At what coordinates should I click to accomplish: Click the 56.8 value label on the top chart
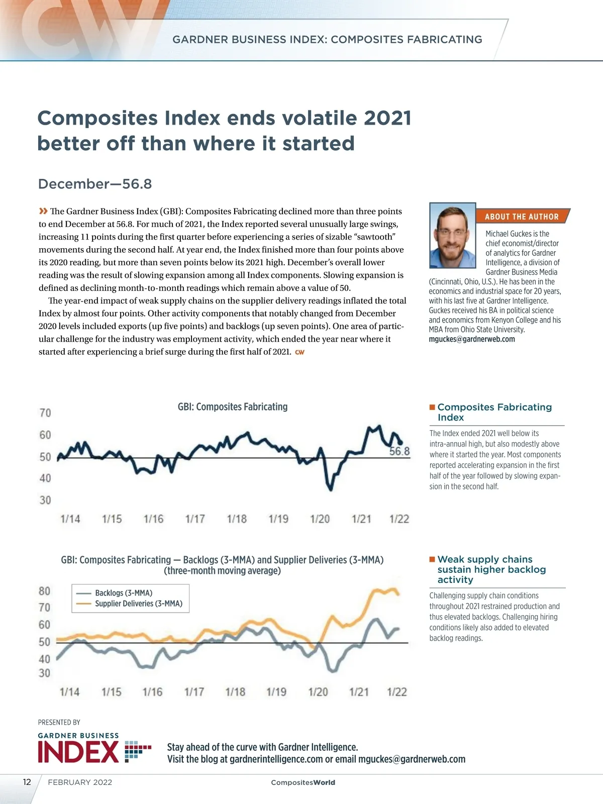click(x=399, y=451)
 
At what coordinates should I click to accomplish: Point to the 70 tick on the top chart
click(x=45, y=413)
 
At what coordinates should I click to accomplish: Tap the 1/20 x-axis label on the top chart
click(x=320, y=519)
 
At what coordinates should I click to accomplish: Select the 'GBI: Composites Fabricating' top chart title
click(x=233, y=407)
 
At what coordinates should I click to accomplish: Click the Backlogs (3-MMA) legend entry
click(x=123, y=593)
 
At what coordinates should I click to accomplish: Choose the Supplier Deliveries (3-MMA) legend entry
click(x=138, y=604)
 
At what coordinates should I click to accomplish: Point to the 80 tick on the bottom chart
click(x=45, y=591)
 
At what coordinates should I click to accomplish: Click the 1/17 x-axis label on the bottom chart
click(x=194, y=692)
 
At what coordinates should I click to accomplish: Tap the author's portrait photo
click(x=453, y=235)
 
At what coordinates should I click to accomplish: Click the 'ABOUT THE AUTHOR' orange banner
click(x=522, y=217)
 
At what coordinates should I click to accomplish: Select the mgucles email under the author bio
click(x=472, y=339)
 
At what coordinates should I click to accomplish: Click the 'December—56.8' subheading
click(x=95, y=184)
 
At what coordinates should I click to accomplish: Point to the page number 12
click(x=27, y=782)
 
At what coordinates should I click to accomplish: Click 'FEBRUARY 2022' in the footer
click(x=80, y=782)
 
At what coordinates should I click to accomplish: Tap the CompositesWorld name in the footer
click(x=303, y=782)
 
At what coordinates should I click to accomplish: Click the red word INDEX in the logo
click(x=78, y=752)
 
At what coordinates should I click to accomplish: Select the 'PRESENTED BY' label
click(x=59, y=723)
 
